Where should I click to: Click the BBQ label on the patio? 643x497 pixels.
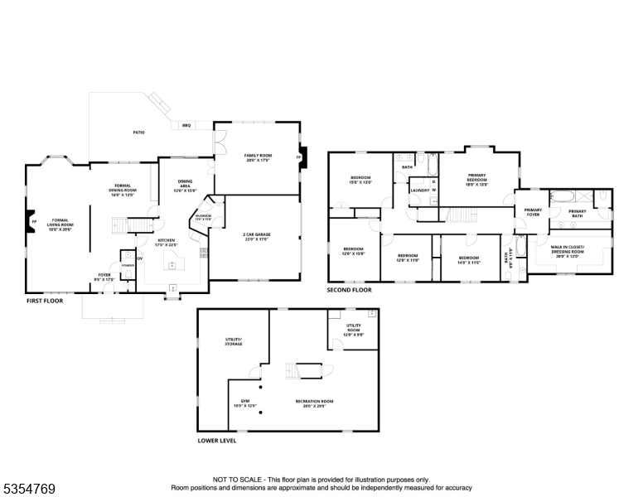point(186,125)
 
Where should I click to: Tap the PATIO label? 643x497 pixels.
point(139,133)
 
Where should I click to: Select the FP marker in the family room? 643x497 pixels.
point(299,156)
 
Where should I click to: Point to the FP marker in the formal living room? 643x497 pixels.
point(33,222)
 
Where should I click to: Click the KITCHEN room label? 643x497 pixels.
point(167,243)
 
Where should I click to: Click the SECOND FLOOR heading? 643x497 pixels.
point(349,290)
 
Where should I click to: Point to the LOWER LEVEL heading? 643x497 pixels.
point(217,441)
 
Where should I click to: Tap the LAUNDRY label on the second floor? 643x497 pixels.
point(418,190)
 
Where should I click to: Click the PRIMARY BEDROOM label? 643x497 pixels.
point(477,179)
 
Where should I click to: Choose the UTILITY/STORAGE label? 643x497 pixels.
point(234,341)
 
